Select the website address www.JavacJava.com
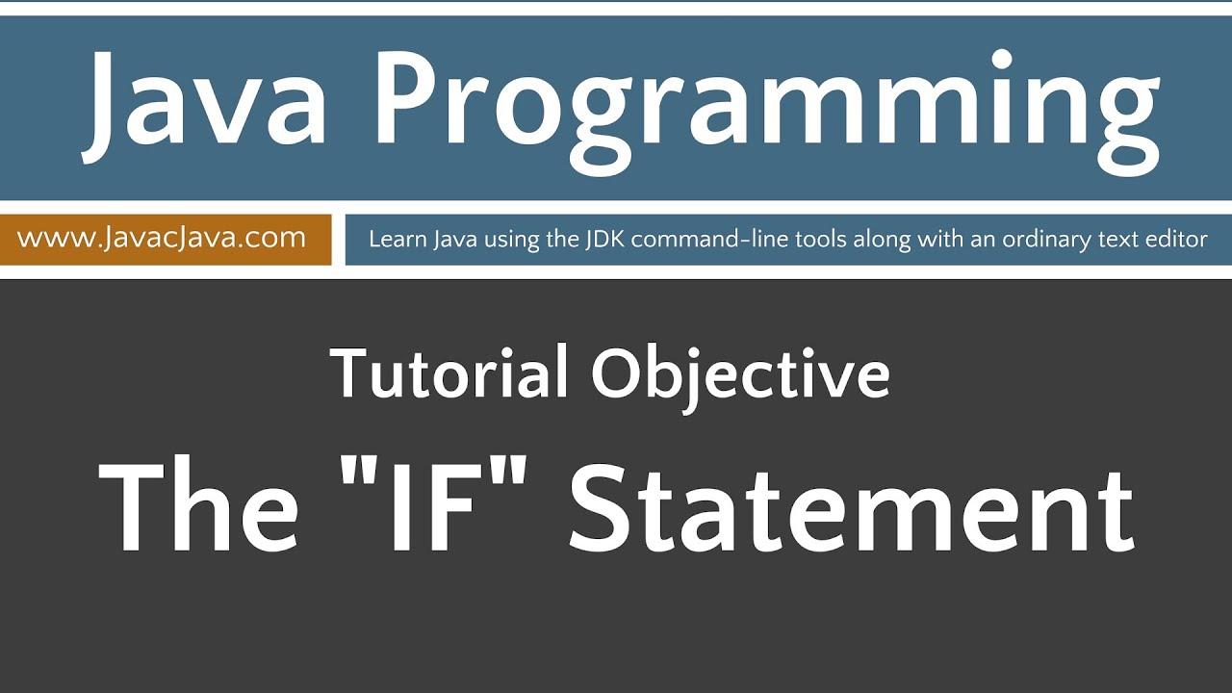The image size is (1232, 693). (x=162, y=238)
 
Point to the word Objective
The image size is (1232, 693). (x=740, y=375)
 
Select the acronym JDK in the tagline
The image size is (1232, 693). (x=605, y=239)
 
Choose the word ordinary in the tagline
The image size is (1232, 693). (x=1048, y=240)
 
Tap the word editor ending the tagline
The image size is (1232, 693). (x=1175, y=239)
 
